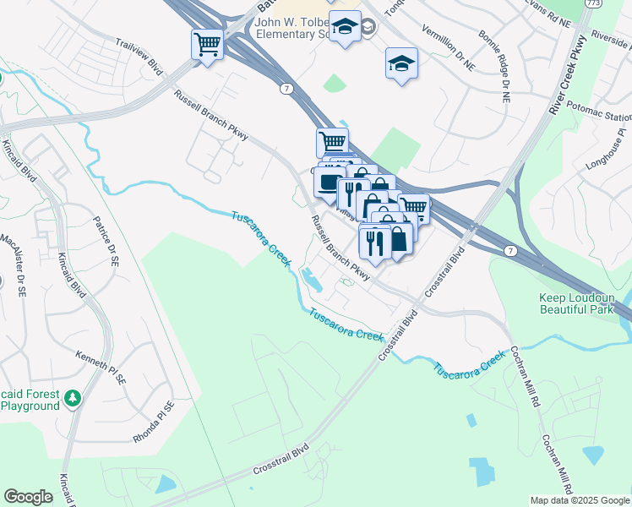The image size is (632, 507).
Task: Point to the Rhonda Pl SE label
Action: [152, 422]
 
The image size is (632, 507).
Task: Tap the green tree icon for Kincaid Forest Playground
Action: [74, 396]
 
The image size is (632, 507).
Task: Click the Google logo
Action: [28, 496]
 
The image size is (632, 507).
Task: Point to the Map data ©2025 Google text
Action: [580, 500]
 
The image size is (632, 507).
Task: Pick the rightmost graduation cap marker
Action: [401, 63]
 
